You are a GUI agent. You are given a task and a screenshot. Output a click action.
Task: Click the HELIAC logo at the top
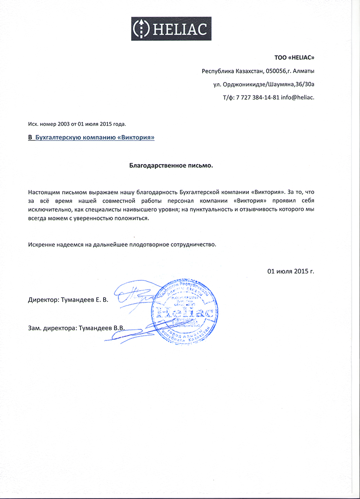coord(171,29)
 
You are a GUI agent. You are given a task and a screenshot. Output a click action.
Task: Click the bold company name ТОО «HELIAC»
coord(294,58)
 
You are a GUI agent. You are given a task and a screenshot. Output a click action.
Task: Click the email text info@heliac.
coord(297,97)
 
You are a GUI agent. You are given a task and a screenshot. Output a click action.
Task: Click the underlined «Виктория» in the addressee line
coord(135,138)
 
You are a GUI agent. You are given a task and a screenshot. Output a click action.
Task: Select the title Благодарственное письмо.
coord(171,165)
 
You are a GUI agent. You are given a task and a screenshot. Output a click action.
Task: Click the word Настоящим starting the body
coord(43,192)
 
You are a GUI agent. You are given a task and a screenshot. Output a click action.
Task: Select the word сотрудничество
coord(193,245)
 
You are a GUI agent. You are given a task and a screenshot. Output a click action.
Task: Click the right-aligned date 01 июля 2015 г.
coord(290,271)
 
